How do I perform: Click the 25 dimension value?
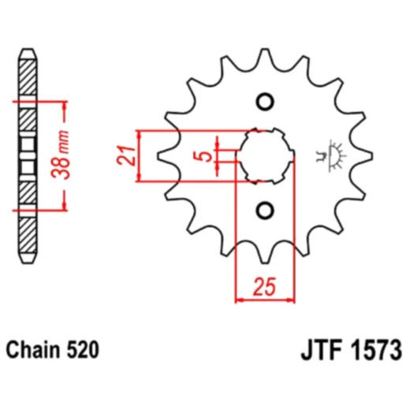[264, 285]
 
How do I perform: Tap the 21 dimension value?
[124, 155]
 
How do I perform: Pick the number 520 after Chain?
[83, 348]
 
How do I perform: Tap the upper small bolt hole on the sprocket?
[264, 102]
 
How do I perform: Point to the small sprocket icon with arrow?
[329, 155]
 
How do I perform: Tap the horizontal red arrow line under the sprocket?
[264, 300]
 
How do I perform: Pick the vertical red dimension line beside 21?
[139, 155]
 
